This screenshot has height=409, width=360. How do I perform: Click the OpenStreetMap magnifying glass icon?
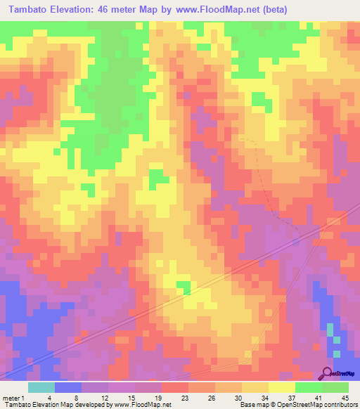pos(328,374)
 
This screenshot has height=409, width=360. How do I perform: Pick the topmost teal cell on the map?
pos(330,330)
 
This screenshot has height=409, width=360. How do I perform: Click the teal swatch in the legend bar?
pos(41,387)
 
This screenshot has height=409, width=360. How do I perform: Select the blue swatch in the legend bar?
pos(68,387)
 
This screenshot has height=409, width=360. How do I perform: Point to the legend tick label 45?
pos(345,398)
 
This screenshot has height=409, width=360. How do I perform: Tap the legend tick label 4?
pos(50,398)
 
